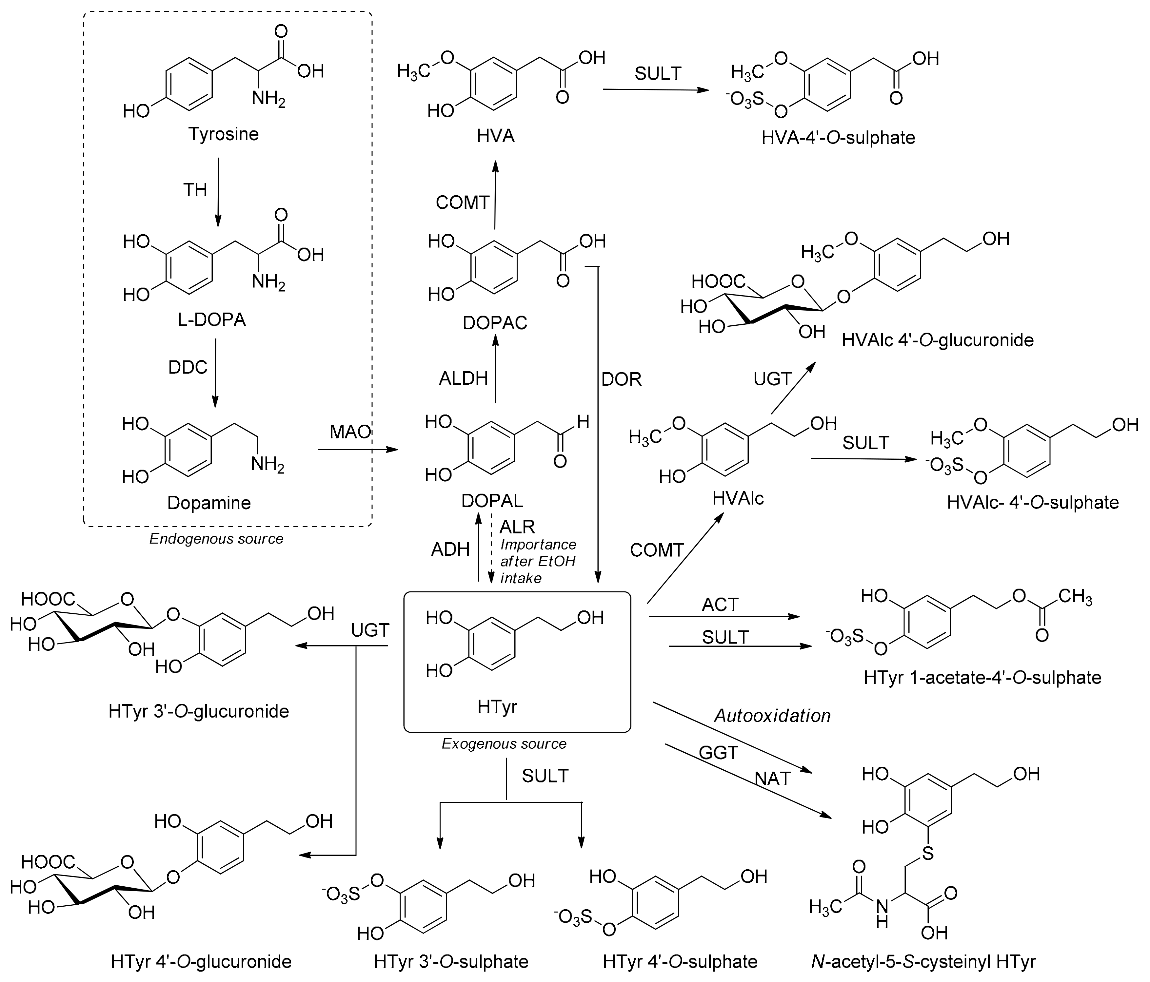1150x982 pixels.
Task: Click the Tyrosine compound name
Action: click(x=223, y=134)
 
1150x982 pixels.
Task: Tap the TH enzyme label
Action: click(x=195, y=190)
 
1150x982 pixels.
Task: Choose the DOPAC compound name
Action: click(x=495, y=323)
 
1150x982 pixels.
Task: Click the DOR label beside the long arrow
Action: click(x=621, y=379)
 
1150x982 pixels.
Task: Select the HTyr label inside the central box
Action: click(x=497, y=707)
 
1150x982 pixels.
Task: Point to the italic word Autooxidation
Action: click(x=772, y=716)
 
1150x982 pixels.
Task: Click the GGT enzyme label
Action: click(x=718, y=753)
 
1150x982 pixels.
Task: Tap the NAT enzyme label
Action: click(x=772, y=779)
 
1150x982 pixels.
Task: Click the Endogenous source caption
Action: click(x=216, y=539)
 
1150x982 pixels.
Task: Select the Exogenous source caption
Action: click(x=504, y=744)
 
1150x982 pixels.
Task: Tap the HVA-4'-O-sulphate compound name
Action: click(x=838, y=138)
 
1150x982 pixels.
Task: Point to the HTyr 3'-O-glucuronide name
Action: click(x=199, y=711)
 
